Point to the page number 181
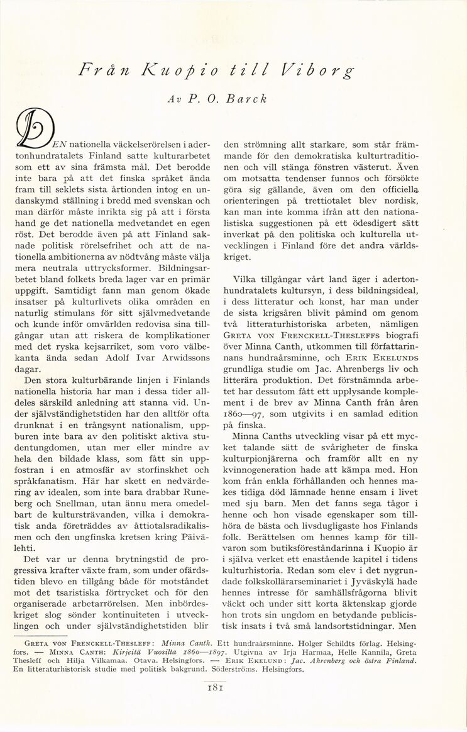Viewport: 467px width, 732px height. (x=233, y=688)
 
